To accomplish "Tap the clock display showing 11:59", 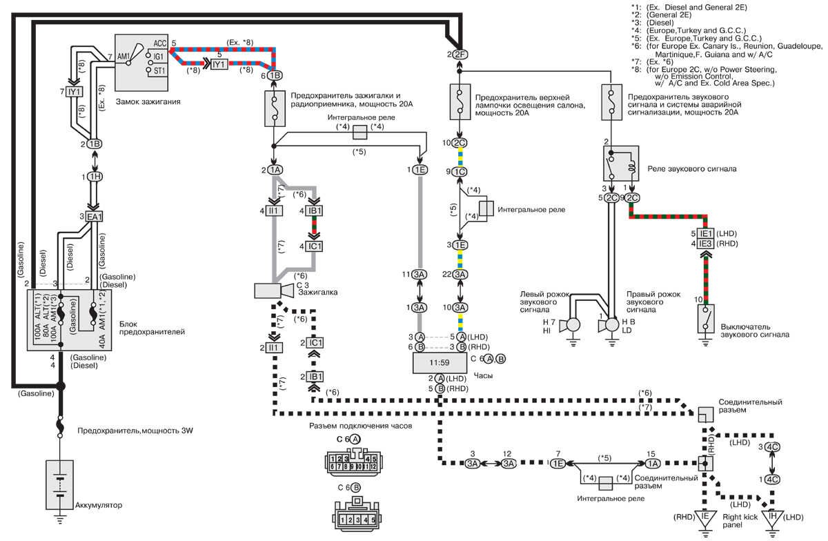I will coord(440,362).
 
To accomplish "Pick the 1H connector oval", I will coord(94,177).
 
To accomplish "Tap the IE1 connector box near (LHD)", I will coord(704,233).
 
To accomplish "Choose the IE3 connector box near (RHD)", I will coord(704,244).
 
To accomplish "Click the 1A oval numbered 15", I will coord(653,464).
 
